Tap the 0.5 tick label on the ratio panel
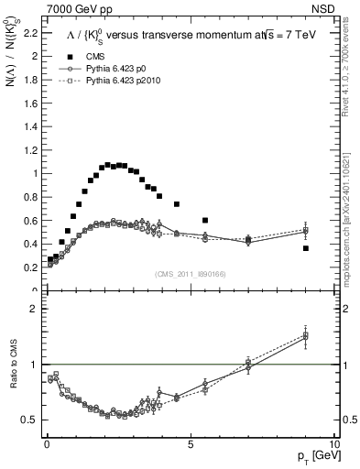(27, 420)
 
